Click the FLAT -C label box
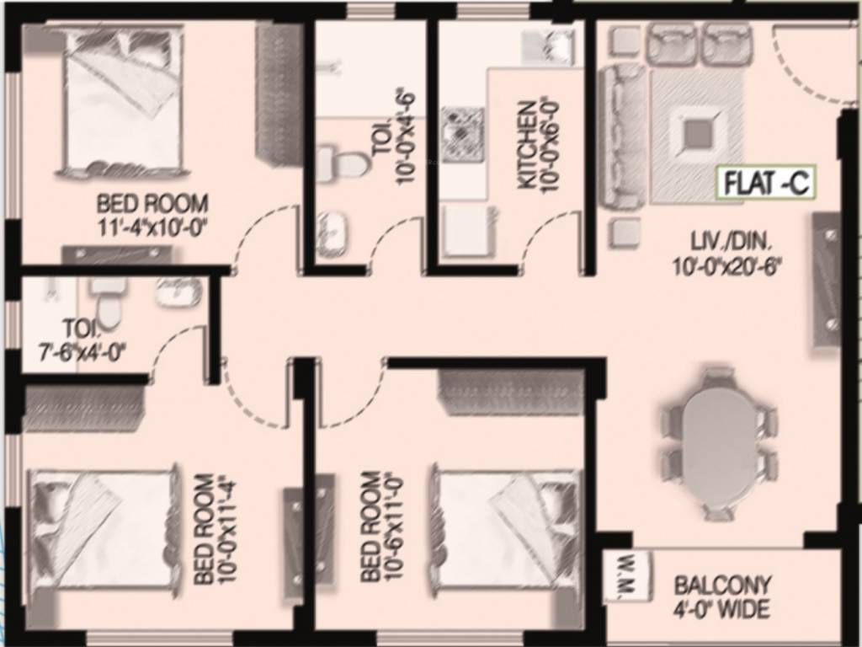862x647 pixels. coord(765,184)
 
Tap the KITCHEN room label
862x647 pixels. coord(528,144)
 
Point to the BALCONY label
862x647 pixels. coord(723,585)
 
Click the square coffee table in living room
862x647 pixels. coord(697,134)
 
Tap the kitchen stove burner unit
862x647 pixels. coord(462,133)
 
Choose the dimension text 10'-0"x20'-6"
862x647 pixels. coord(727,268)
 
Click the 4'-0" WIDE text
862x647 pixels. coord(723,609)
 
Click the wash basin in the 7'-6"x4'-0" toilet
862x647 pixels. coord(178,291)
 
